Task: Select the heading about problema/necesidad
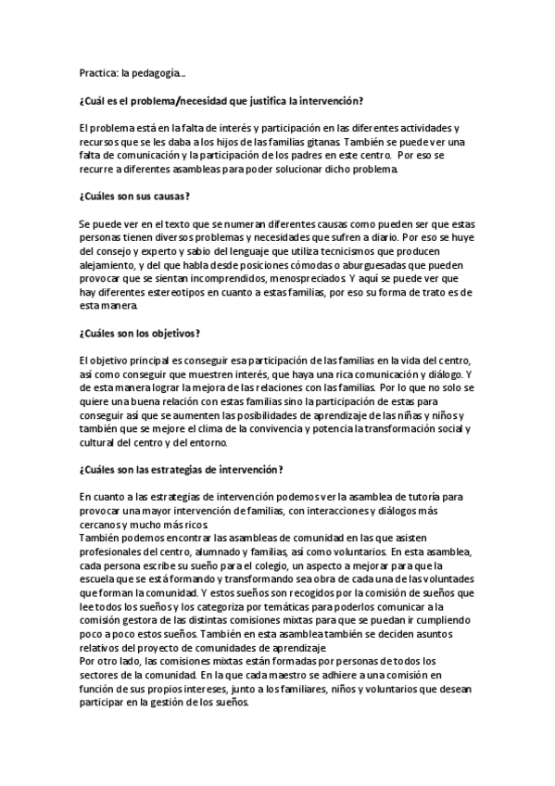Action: (221, 100)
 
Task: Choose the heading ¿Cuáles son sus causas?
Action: (135, 196)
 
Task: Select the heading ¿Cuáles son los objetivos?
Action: (141, 333)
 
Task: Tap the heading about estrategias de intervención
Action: (182, 469)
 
